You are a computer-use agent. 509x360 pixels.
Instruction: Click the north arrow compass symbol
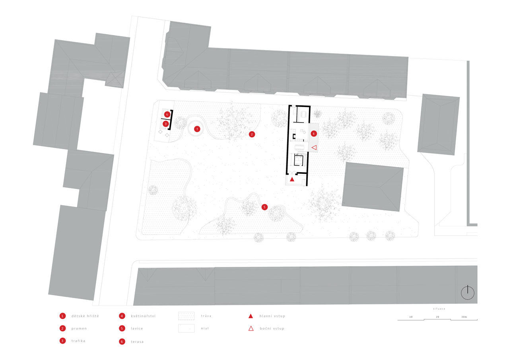click(x=468, y=293)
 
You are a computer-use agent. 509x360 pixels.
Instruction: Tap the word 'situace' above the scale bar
click(x=439, y=309)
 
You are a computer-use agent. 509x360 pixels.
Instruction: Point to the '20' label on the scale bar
click(x=437, y=317)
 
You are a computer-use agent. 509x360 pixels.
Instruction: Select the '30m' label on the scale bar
click(x=464, y=317)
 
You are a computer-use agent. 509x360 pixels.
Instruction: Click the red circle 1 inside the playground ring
click(x=197, y=129)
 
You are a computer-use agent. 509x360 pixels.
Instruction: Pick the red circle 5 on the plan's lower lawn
click(x=264, y=207)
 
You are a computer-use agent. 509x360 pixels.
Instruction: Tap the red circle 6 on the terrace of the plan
click(x=313, y=134)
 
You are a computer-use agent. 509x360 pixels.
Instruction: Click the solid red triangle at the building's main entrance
click(x=292, y=179)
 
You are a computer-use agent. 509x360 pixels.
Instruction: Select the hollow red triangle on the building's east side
click(x=314, y=148)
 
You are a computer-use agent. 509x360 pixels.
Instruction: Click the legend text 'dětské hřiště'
click(x=85, y=316)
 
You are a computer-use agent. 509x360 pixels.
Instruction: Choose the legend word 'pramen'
click(x=79, y=329)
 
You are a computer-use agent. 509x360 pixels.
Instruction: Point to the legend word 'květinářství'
click(x=143, y=316)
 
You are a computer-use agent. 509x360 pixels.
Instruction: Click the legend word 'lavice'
click(x=137, y=329)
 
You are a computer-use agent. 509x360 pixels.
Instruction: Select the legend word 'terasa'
click(x=137, y=342)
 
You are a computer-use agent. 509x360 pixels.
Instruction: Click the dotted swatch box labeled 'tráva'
click(x=186, y=316)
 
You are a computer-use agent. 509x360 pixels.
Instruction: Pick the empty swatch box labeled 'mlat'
click(x=186, y=329)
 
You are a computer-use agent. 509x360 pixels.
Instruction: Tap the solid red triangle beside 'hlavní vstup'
click(x=251, y=316)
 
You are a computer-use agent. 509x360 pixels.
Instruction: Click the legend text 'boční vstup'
click(x=272, y=329)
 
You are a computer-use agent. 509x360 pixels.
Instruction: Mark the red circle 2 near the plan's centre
click(x=252, y=134)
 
